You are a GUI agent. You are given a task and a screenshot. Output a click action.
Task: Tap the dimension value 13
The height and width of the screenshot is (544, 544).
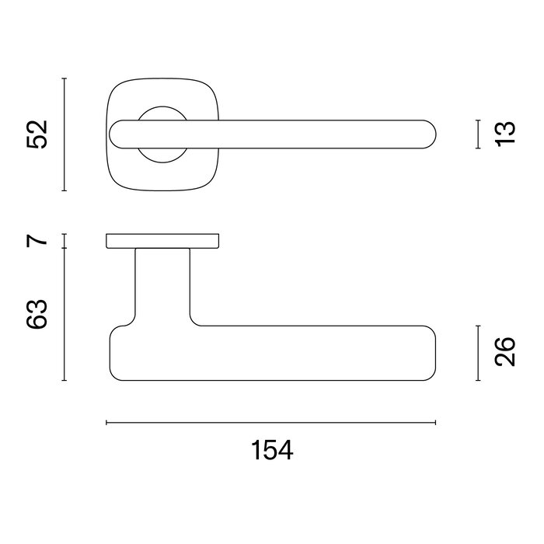click(504, 134)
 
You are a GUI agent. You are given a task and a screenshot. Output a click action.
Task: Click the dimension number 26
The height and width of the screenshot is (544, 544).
click(504, 353)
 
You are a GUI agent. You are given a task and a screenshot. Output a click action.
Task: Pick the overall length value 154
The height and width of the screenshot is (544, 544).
click(271, 451)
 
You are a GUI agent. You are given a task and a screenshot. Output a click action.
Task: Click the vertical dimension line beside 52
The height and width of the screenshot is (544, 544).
click(65, 134)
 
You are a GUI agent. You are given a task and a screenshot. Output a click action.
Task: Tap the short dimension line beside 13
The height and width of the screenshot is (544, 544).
click(476, 134)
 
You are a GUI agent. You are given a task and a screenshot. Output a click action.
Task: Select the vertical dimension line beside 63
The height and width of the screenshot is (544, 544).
click(65, 314)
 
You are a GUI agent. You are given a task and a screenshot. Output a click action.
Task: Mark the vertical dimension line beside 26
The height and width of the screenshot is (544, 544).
click(476, 353)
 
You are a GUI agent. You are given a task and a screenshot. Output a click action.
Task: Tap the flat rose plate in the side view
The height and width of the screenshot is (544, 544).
click(162, 240)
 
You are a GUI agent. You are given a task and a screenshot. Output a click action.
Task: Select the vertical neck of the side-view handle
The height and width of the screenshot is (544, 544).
click(162, 284)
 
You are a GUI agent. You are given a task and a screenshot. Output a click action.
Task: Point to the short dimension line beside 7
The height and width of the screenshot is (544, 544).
click(65, 240)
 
